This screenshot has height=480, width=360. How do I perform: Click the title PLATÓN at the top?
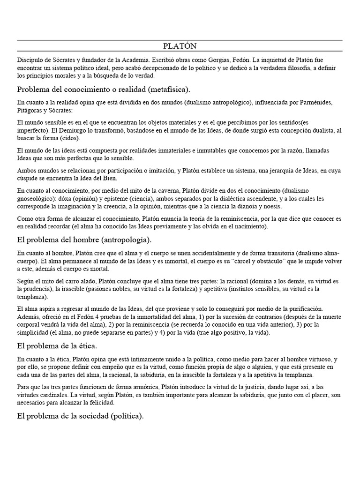tap(180, 46)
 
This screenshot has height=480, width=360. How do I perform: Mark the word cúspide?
tap(28, 178)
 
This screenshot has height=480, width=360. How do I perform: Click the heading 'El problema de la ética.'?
tap(57, 346)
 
